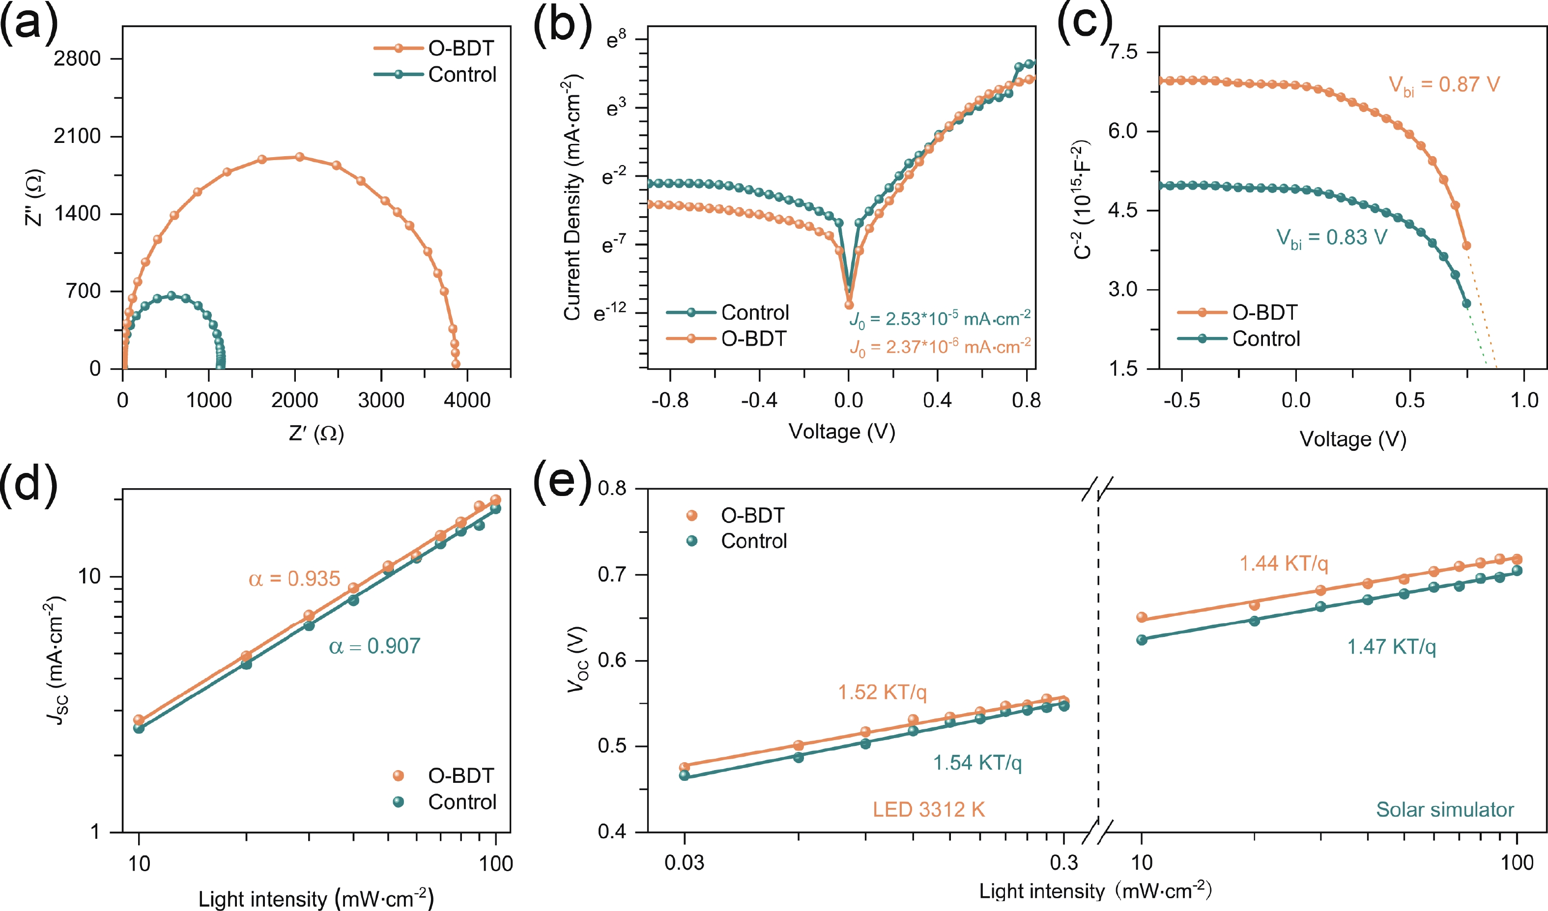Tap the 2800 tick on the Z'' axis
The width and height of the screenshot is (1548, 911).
[x=77, y=58]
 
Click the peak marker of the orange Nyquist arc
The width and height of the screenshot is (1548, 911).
[x=300, y=157]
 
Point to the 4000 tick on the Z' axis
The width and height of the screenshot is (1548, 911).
[x=467, y=400]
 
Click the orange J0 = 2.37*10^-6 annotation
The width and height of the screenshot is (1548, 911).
[x=940, y=347]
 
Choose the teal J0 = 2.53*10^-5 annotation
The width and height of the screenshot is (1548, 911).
[x=940, y=319]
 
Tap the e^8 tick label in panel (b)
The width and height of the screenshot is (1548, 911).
[x=616, y=40]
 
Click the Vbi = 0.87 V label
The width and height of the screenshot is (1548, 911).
[x=1444, y=84]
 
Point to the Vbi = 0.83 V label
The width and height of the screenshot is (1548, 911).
[x=1332, y=238]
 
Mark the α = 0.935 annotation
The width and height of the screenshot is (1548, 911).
[x=294, y=579]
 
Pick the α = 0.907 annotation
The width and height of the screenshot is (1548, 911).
[x=374, y=646]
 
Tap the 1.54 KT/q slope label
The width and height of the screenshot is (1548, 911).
[x=977, y=762]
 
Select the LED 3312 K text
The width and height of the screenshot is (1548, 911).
[x=929, y=810]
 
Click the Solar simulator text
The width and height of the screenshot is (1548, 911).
[x=1445, y=810]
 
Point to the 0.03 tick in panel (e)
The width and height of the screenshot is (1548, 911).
[x=684, y=862]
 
